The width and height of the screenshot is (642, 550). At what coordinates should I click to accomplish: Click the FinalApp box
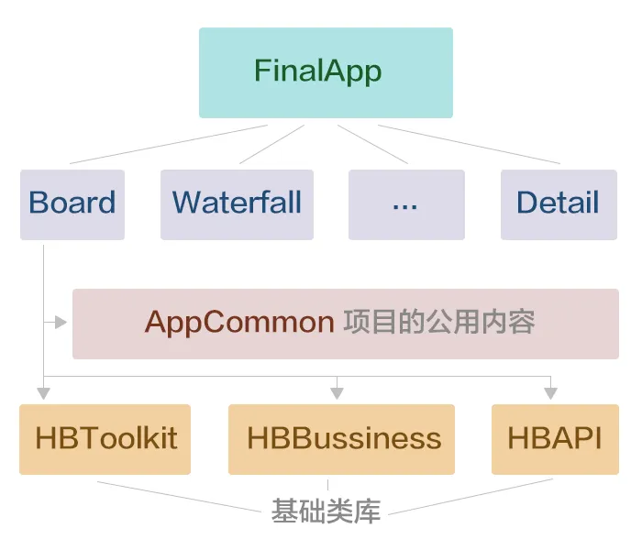pos(326,72)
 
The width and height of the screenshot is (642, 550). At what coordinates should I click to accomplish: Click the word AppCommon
pos(239,323)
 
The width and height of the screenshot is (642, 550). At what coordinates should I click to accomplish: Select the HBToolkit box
pos(105,439)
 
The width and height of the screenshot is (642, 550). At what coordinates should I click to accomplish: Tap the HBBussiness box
pos(341,439)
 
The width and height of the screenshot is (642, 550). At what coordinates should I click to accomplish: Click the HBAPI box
pos(554,439)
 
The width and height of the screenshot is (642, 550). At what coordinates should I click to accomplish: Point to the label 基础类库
pos(326,511)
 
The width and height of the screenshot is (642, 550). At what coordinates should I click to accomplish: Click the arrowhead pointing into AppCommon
pos(61,322)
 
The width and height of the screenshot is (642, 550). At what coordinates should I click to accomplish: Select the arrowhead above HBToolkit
pos(43,393)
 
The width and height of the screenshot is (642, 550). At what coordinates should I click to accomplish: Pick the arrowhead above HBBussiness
pos(337,393)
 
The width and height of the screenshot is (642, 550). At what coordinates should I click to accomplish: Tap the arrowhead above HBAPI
pos(550,393)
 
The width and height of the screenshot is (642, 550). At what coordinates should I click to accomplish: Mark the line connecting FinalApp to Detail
pos(468,144)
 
